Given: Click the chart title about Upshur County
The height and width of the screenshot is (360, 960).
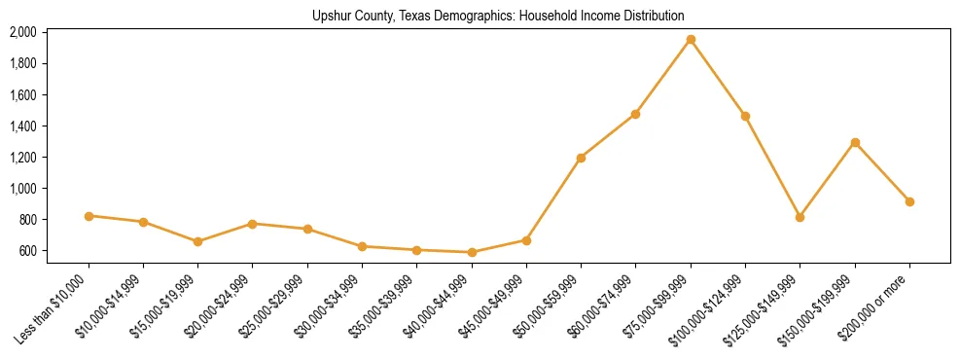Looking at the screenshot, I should pos(498,16).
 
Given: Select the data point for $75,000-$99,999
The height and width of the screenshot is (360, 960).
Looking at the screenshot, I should pos(691,40).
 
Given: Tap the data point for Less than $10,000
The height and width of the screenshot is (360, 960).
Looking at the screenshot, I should pos(89,216).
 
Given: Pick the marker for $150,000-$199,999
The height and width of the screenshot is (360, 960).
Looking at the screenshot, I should pos(855,142).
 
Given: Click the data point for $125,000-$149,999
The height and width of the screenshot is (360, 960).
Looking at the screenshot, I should pos(800,217).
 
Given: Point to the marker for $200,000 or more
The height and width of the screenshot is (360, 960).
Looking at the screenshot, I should pos(909,201).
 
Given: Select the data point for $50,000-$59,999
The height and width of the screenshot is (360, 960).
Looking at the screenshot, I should pos(581,158).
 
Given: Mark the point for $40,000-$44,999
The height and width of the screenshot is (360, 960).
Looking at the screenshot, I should pos(472,252).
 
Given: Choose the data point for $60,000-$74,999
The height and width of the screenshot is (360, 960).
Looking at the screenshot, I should pos(635,114).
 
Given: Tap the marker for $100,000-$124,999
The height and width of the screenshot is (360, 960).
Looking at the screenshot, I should pos(745,116).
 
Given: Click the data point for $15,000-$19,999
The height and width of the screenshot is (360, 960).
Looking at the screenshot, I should pos(198,241).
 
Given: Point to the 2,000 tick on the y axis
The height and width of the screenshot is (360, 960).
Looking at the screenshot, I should pos(23,32).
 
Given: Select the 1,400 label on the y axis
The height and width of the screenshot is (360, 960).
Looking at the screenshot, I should pos(23,126).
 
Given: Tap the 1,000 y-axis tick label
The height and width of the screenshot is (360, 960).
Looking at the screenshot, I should pos(23,189).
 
